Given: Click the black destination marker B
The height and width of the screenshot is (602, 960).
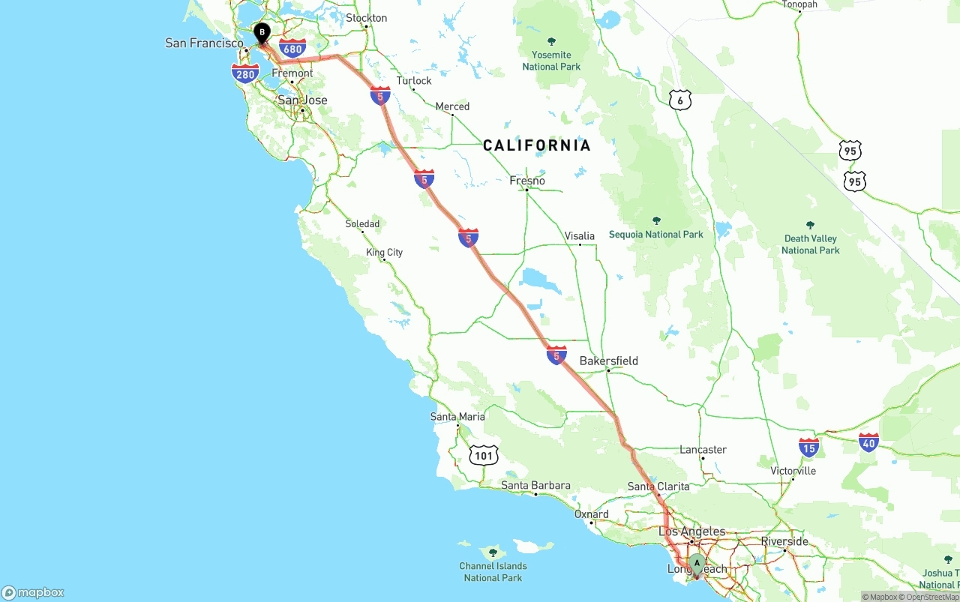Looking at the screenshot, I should coord(262,33).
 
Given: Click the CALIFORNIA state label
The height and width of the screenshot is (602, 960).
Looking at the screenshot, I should coord(537,145).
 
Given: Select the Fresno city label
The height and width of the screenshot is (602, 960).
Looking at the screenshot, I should coord(527,181).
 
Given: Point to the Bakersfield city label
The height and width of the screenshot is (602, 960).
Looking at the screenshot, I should coord(608,361).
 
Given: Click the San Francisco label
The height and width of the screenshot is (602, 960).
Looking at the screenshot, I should coord(204,43).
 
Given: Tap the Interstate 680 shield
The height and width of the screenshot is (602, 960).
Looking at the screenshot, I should coord(292,49).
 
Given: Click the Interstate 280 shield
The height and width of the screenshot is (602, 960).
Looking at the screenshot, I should coord(245,73).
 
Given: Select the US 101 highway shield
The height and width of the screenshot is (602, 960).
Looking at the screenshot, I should coord(484,454).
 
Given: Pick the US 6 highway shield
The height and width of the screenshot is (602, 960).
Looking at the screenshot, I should coord(679,100).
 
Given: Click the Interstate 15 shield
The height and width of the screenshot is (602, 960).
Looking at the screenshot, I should coord(808,448).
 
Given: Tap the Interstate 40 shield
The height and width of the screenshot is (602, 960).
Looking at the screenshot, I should coord(868,442).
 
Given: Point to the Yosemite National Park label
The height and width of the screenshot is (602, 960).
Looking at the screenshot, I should coord(551,60).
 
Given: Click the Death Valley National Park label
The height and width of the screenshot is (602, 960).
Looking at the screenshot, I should coord(810,244).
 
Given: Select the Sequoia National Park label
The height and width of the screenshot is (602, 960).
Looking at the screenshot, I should coord(656,234).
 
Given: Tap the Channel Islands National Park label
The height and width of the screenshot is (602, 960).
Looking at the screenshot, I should coord(493,571).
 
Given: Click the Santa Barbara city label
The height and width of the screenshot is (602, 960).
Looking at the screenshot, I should coord(535,486).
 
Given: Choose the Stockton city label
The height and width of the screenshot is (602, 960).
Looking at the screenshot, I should coord(366,18).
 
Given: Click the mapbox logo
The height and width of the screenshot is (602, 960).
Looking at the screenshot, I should coord(33,592).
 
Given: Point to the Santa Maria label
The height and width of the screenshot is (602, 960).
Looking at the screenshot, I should coord(457,417).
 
